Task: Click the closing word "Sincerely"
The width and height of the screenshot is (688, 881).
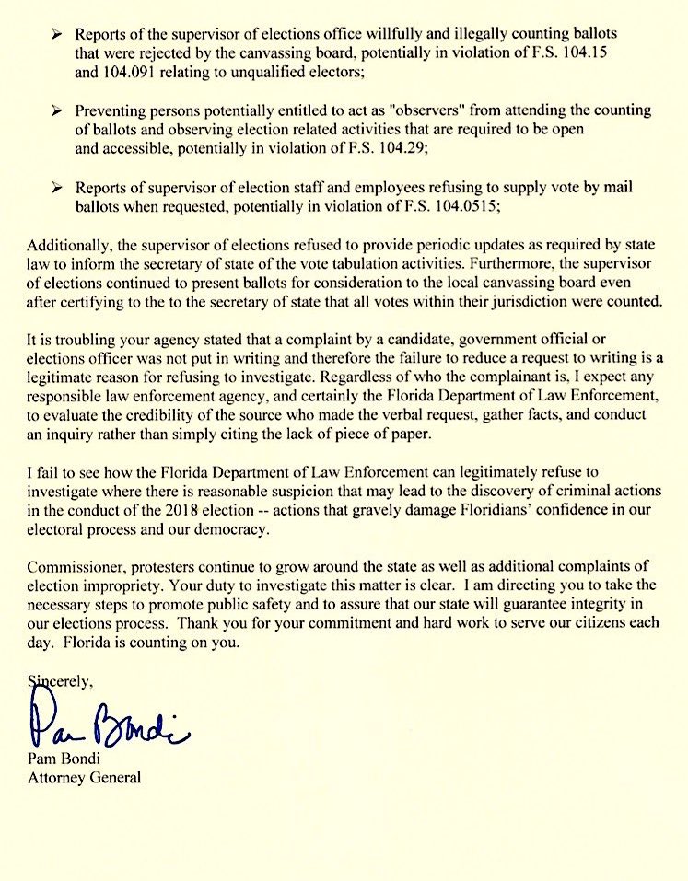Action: [x=61, y=680]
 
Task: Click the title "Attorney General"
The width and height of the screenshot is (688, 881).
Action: [x=83, y=778]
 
